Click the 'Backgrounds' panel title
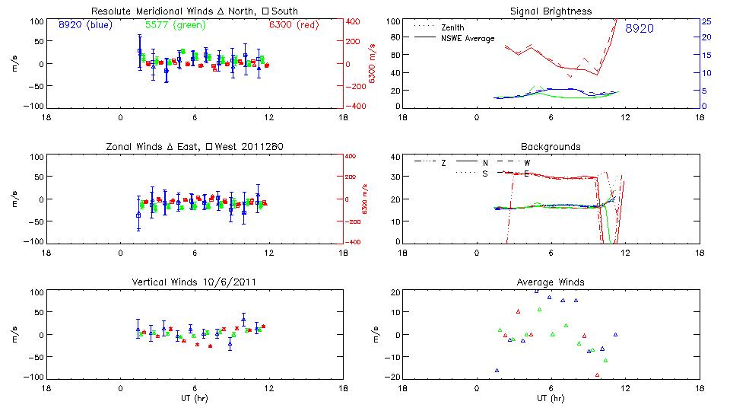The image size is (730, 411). point(551,146)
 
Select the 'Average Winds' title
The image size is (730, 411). point(551,282)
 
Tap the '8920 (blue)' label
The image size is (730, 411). point(85,24)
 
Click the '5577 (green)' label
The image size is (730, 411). point(174,24)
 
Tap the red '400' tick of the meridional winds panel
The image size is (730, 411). point(354,21)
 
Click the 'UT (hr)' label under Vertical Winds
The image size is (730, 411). point(195,398)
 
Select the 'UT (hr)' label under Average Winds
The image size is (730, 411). point(551,398)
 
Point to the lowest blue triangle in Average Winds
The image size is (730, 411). point(497,370)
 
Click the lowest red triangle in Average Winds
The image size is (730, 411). point(598,374)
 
